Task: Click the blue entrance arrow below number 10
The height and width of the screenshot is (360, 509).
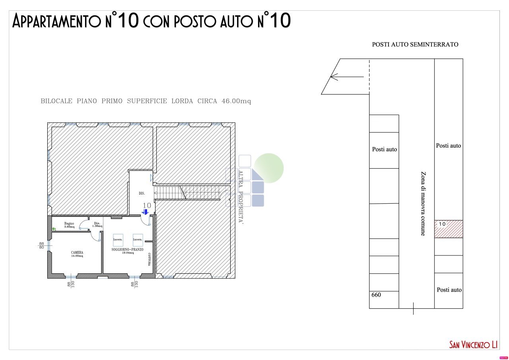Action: coord(146,212)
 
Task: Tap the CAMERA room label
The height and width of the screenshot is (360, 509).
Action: coord(77,254)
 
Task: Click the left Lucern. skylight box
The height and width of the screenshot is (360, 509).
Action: coord(118,239)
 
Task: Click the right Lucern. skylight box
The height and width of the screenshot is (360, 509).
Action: coord(138,239)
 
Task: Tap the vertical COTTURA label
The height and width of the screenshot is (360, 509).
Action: coord(150,259)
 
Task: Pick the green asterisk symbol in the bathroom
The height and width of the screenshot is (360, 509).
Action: coord(54,229)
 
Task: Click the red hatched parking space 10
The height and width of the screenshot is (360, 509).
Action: coord(449,229)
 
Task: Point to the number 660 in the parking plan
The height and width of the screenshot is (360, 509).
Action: coord(376,295)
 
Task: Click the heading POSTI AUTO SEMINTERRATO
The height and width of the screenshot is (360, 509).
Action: coord(415,45)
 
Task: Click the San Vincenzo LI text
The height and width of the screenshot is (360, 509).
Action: coord(473,344)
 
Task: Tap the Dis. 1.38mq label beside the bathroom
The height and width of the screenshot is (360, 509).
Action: coord(97,224)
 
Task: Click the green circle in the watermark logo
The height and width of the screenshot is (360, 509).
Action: coord(269,168)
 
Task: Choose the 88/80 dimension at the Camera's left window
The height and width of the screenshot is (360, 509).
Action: coord(41,245)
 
